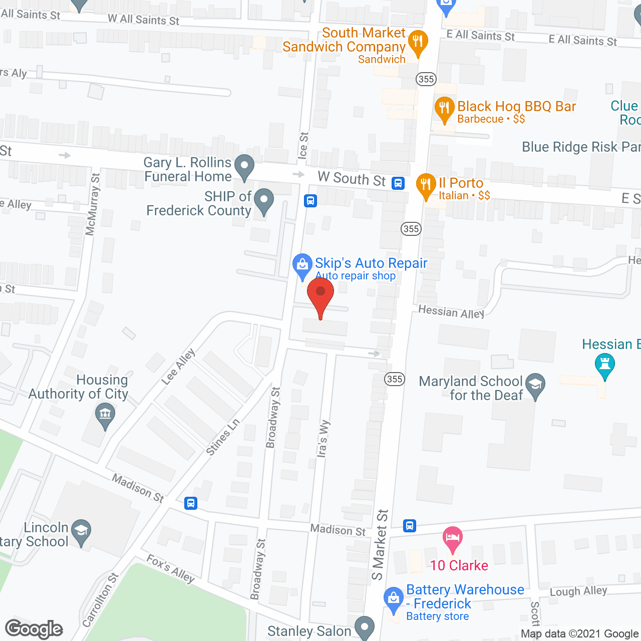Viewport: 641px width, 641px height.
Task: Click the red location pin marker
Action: [320, 295]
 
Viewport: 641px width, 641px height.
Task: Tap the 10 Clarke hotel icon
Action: [453, 538]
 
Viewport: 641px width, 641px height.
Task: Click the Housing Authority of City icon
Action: [105, 415]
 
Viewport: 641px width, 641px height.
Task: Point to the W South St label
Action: [352, 179]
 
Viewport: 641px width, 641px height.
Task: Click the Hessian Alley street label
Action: [451, 312]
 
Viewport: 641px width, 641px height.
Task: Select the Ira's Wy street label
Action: [323, 438]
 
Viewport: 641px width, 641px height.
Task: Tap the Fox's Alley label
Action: [170, 568]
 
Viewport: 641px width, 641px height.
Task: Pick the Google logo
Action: [34, 629]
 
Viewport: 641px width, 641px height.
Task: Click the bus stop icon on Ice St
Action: [310, 201]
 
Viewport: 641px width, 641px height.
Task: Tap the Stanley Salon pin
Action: [365, 627]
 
